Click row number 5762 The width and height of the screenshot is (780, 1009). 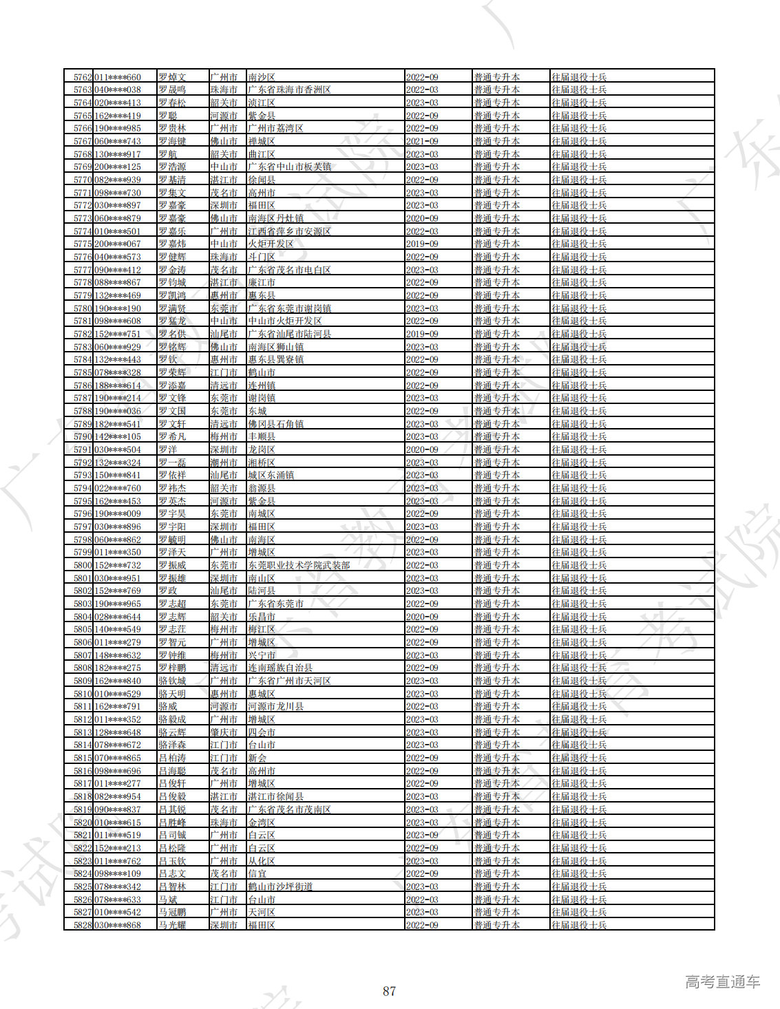82,77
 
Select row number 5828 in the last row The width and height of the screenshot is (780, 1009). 82,925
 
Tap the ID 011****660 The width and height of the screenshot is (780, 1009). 117,77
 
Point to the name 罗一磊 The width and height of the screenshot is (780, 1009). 172,463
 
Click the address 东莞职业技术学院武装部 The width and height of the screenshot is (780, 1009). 299,565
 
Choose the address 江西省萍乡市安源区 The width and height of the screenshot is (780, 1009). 289,231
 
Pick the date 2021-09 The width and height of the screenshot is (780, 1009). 422,141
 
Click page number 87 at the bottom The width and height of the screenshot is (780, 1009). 389,991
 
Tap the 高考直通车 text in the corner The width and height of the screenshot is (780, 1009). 722,982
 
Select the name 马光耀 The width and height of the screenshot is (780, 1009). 172,925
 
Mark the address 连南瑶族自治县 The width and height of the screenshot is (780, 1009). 280,668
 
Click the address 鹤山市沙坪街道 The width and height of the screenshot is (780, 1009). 280,886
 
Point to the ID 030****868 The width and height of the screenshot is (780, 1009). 117,925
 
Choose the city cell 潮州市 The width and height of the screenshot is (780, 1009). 224,463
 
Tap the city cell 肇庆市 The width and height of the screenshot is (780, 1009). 224,732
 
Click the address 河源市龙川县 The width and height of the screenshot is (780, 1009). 275,706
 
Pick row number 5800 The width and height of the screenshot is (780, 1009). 82,565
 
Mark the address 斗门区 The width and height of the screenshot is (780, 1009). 262,257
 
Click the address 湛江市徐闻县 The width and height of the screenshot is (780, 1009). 275,796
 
